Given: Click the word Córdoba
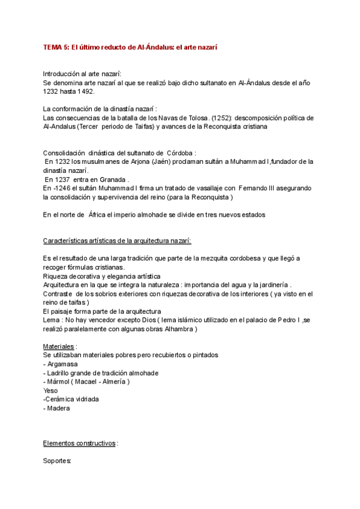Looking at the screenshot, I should click(x=178, y=153).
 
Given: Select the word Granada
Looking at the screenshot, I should click(x=112, y=179).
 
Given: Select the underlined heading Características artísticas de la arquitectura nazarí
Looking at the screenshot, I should click(x=118, y=241).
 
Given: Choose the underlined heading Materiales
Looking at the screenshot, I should click(x=59, y=346).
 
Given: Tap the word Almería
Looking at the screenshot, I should click(x=113, y=382).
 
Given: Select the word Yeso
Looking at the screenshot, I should click(x=51, y=390).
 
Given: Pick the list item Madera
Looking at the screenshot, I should click(x=58, y=408).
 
